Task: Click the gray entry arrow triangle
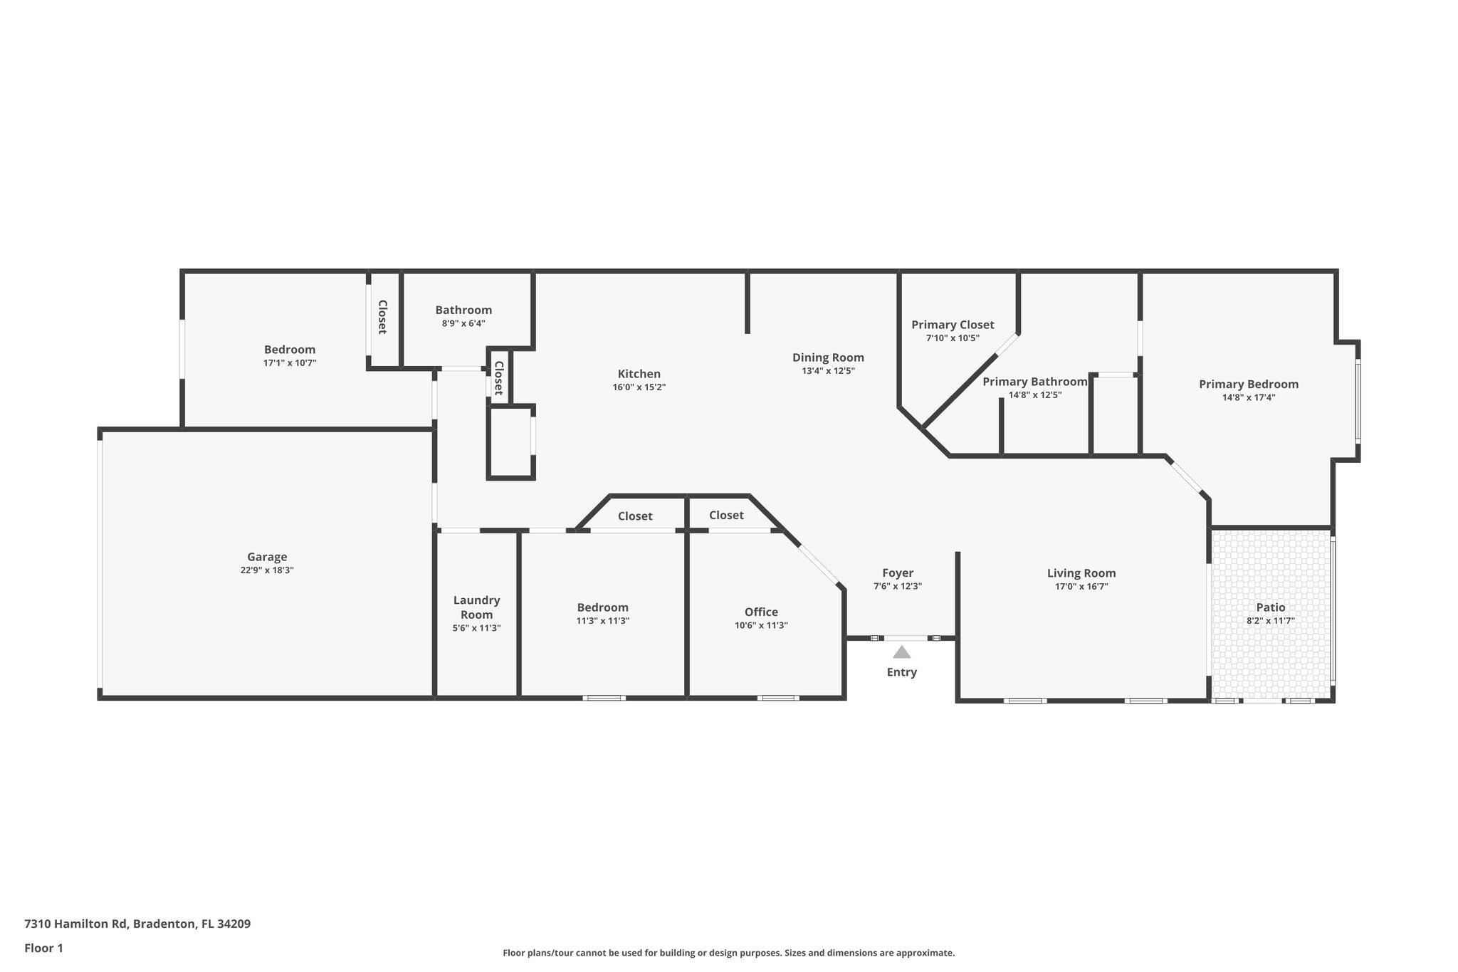[901, 652]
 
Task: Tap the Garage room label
[267, 557]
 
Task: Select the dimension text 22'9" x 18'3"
[267, 570]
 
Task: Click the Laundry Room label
[476, 607]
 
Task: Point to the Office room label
[761, 612]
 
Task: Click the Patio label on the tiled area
[1270, 607]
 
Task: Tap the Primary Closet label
[953, 325]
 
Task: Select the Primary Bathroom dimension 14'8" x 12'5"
[1034, 395]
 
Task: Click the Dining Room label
[828, 357]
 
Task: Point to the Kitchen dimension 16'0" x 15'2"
[639, 387]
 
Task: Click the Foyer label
[897, 573]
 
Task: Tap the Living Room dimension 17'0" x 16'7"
[1081, 587]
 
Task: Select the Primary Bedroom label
[1248, 384]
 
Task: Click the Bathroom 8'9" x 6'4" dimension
[463, 323]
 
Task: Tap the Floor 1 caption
[43, 948]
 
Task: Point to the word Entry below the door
[901, 672]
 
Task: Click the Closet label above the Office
[726, 515]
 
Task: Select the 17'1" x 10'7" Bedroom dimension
[289, 363]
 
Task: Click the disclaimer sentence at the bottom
[728, 953]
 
